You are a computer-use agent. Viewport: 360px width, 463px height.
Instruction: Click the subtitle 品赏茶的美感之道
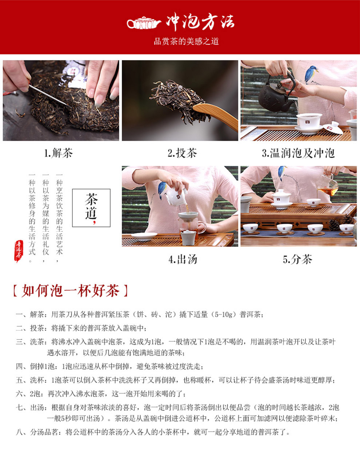click(187, 41)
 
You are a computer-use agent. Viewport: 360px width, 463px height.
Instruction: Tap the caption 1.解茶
click(59, 153)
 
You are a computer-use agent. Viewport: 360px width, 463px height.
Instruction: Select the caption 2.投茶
click(182, 153)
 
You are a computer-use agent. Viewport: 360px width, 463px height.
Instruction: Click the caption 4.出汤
click(183, 259)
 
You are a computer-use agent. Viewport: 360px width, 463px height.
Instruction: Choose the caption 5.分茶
click(297, 259)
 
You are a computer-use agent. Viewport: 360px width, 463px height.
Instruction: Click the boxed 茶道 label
click(91, 208)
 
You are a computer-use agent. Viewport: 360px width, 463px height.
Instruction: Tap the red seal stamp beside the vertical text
click(19, 251)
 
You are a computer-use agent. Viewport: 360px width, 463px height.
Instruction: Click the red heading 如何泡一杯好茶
click(71, 291)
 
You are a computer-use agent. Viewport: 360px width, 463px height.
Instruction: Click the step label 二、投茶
click(30, 328)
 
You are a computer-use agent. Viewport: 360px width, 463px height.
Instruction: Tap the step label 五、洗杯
click(30, 380)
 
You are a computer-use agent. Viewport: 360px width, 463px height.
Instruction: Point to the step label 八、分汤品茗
click(37, 432)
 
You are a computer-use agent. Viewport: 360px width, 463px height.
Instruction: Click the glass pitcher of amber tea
click(327, 185)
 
